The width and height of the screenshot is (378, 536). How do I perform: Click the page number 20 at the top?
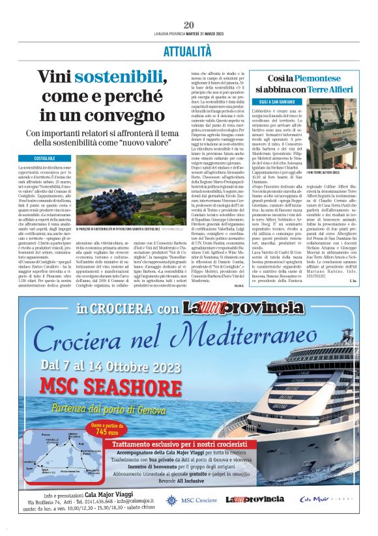(189, 24)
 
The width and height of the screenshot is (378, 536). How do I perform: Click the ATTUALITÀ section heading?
(189, 50)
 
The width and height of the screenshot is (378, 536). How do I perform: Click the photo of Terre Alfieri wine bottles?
(338, 130)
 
